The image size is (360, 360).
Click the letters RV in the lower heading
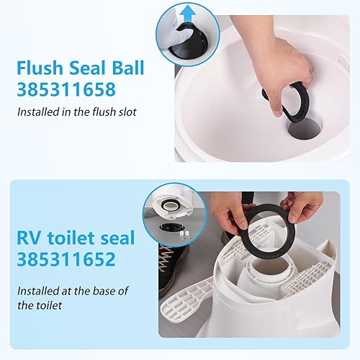(31, 239)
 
